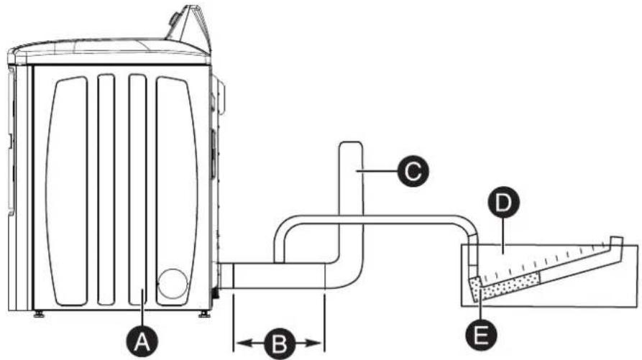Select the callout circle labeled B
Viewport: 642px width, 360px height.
277,342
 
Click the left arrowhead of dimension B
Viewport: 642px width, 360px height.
239,342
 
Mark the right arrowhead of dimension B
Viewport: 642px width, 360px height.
316,342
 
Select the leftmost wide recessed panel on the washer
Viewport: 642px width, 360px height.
65,187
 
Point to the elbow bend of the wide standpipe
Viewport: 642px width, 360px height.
347,269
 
